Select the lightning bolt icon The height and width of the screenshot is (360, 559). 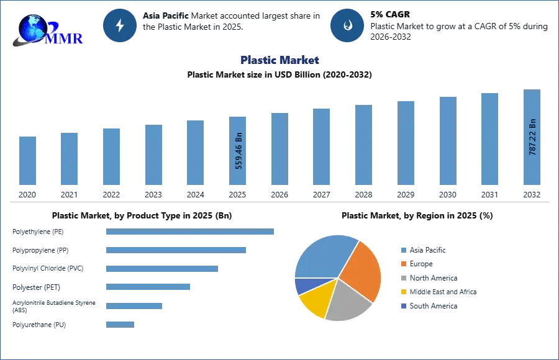pyautogui.click(x=120, y=25)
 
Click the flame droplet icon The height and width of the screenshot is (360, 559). pyautogui.click(x=347, y=25)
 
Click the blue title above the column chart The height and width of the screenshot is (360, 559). pyautogui.click(x=280, y=60)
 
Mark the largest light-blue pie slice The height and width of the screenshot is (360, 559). pyautogui.click(x=323, y=255)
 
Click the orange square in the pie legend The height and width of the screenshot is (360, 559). pyautogui.click(x=403, y=263)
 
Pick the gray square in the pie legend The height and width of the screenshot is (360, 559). pyautogui.click(x=403, y=278)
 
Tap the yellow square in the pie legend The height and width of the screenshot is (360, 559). pyautogui.click(x=403, y=292)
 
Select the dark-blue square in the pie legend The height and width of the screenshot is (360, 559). pyautogui.click(x=403, y=307)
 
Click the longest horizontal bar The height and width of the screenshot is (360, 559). pyautogui.click(x=191, y=233)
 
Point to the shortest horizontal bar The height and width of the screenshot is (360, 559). pyautogui.click(x=119, y=323)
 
